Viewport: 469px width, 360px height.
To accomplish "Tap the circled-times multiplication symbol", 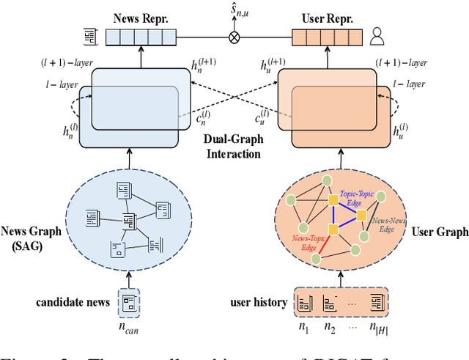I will tap(234, 35).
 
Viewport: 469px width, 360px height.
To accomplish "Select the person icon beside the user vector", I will tap(377, 34).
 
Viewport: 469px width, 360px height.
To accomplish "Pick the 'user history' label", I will tap(256, 301).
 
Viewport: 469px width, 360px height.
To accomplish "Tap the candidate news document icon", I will tap(130, 301).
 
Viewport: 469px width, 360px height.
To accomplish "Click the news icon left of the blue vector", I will tap(88, 35).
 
